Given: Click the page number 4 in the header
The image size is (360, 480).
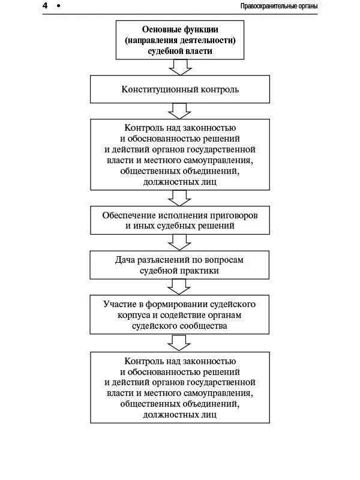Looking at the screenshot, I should point(45,5).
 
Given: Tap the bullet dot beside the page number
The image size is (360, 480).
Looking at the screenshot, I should point(58,6).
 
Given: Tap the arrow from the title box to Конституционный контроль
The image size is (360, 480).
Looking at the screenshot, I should point(179,67).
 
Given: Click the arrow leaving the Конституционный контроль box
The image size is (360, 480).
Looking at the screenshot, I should point(179,111).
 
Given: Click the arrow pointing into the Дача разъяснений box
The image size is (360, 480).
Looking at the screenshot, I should point(179,242).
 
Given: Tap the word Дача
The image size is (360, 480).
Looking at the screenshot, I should point(125,260).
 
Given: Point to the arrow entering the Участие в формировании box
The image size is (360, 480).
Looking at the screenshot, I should point(179,286).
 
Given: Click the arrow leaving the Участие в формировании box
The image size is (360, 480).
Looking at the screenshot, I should point(179,342).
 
